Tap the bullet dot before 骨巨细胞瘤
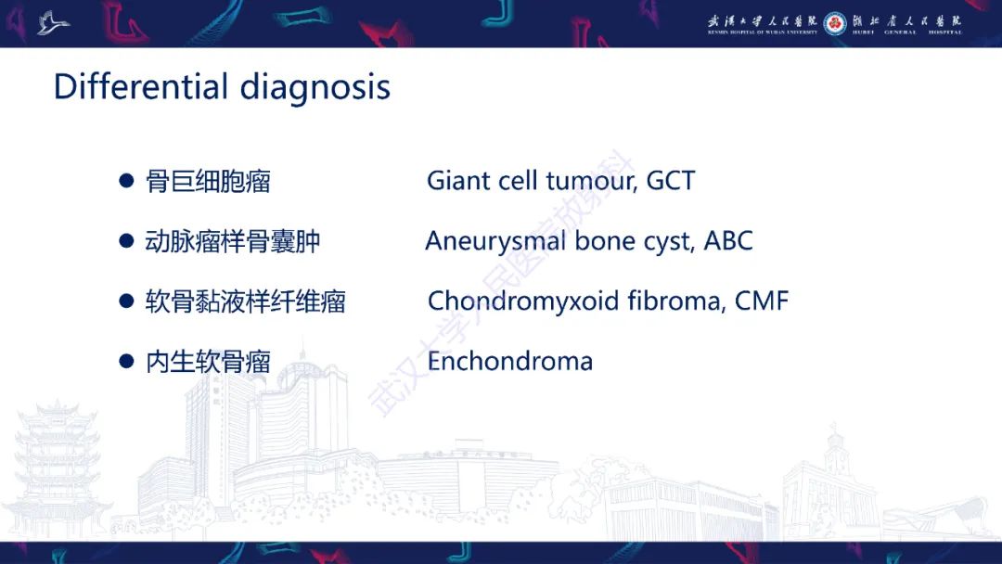126,181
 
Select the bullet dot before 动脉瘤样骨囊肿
126,241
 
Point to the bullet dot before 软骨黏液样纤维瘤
126,301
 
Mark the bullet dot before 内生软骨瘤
126,362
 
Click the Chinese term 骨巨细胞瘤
209,182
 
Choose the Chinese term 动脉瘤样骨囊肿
233,241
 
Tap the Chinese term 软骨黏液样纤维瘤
245,301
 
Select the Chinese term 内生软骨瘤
209,362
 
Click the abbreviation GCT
671,181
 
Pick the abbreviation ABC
728,241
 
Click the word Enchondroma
510,362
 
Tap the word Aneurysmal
495,242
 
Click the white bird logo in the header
52,23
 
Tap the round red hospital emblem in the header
835,23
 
